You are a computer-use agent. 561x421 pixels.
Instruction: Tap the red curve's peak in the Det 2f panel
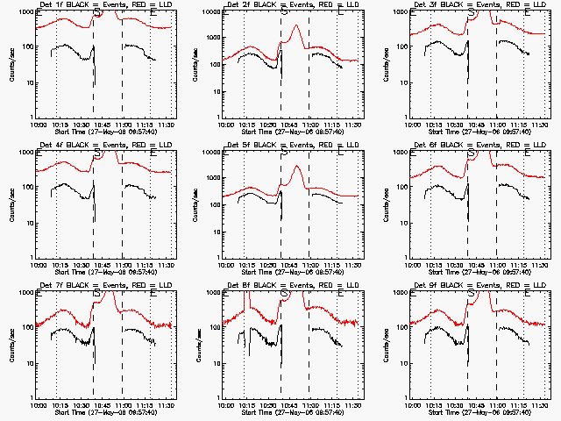(x=297, y=25)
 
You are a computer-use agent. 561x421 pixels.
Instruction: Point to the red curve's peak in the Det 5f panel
(x=297, y=166)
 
